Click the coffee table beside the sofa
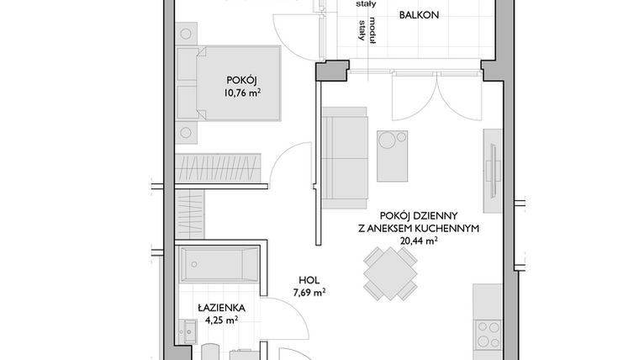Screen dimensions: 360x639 click(393, 155)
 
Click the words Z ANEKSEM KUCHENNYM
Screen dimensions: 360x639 click(418, 227)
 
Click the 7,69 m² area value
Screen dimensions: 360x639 click(310, 293)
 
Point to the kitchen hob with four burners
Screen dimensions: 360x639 click(488, 334)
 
